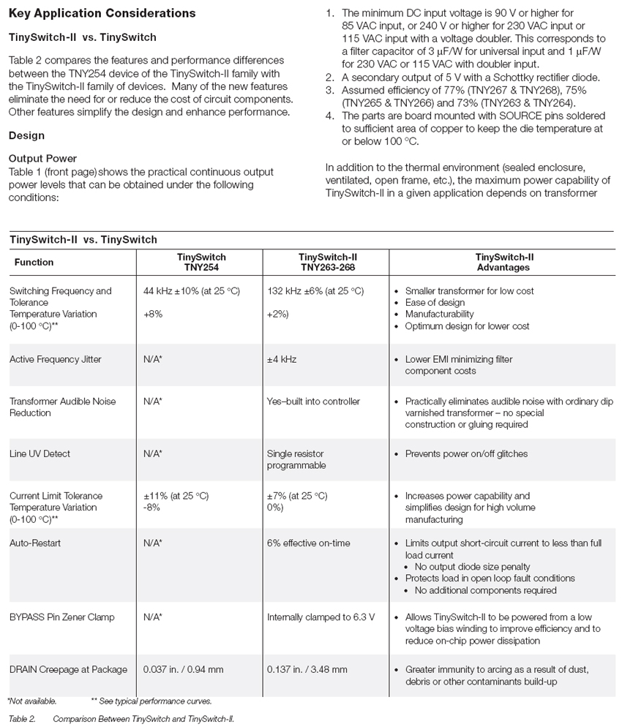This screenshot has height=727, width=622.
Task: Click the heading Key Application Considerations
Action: click(102, 13)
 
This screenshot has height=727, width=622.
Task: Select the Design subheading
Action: click(26, 135)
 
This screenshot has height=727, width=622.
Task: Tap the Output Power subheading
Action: click(42, 159)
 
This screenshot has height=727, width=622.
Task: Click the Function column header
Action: click(34, 262)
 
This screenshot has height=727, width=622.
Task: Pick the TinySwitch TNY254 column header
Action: click(201, 262)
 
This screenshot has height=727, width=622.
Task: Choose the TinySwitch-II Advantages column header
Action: click(503, 262)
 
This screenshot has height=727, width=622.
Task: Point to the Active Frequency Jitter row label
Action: click(56, 359)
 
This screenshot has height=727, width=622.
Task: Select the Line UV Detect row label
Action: click(40, 453)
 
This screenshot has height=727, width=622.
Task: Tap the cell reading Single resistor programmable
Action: click(296, 459)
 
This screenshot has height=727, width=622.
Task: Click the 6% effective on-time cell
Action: click(308, 543)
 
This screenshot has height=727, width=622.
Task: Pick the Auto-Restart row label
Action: click(35, 543)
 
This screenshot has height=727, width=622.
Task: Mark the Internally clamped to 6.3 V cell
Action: click(321, 617)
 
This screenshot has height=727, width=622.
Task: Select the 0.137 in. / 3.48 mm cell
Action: click(307, 669)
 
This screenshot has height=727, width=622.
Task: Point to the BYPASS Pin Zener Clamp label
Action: click(62, 617)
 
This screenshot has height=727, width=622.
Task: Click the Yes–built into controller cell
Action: click(313, 401)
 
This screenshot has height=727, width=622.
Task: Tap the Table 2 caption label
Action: click(22, 719)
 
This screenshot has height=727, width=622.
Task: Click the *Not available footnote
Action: click(32, 701)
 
